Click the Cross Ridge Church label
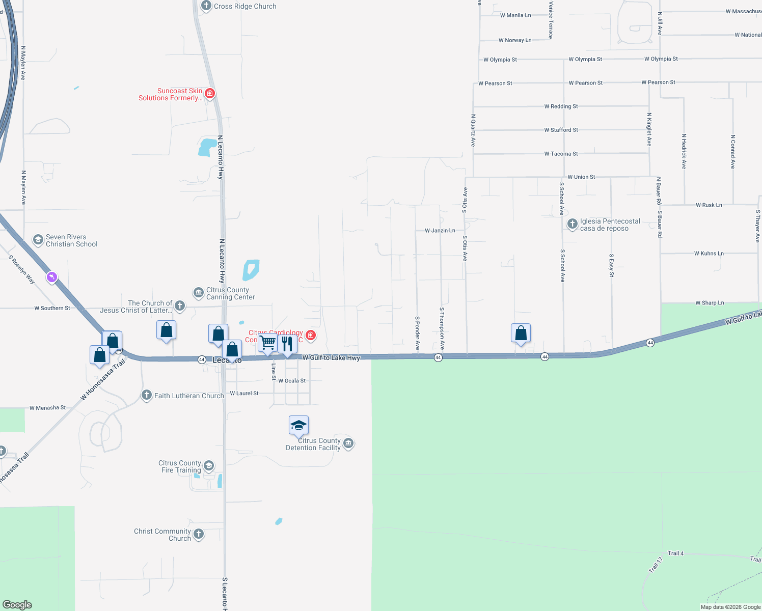(245, 7)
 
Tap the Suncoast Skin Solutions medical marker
(209, 94)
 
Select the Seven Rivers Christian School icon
(38, 240)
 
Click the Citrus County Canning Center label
(230, 293)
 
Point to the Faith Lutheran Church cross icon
(147, 395)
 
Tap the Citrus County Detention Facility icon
(348, 443)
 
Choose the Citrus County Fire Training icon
(208, 466)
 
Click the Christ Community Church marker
(199, 534)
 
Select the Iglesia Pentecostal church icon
(572, 224)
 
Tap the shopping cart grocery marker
(268, 343)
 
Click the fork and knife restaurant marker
(287, 344)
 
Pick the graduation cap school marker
(298, 425)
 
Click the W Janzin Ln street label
(440, 231)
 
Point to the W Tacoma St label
(561, 154)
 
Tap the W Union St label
(581, 177)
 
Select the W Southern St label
(52, 308)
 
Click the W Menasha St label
(47, 408)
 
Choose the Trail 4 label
(675, 553)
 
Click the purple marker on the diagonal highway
(51, 277)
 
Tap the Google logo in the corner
(17, 604)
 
